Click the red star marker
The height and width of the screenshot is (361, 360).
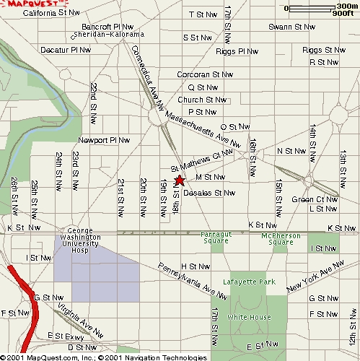pyautogui.click(x=180, y=180)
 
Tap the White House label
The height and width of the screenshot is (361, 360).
pyautogui.click(x=249, y=318)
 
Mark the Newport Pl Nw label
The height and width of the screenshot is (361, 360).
pyautogui.click(x=104, y=140)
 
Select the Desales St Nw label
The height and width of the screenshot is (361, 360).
pyautogui.click(x=209, y=193)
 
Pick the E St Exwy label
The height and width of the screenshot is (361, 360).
pyautogui.click(x=66, y=336)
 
